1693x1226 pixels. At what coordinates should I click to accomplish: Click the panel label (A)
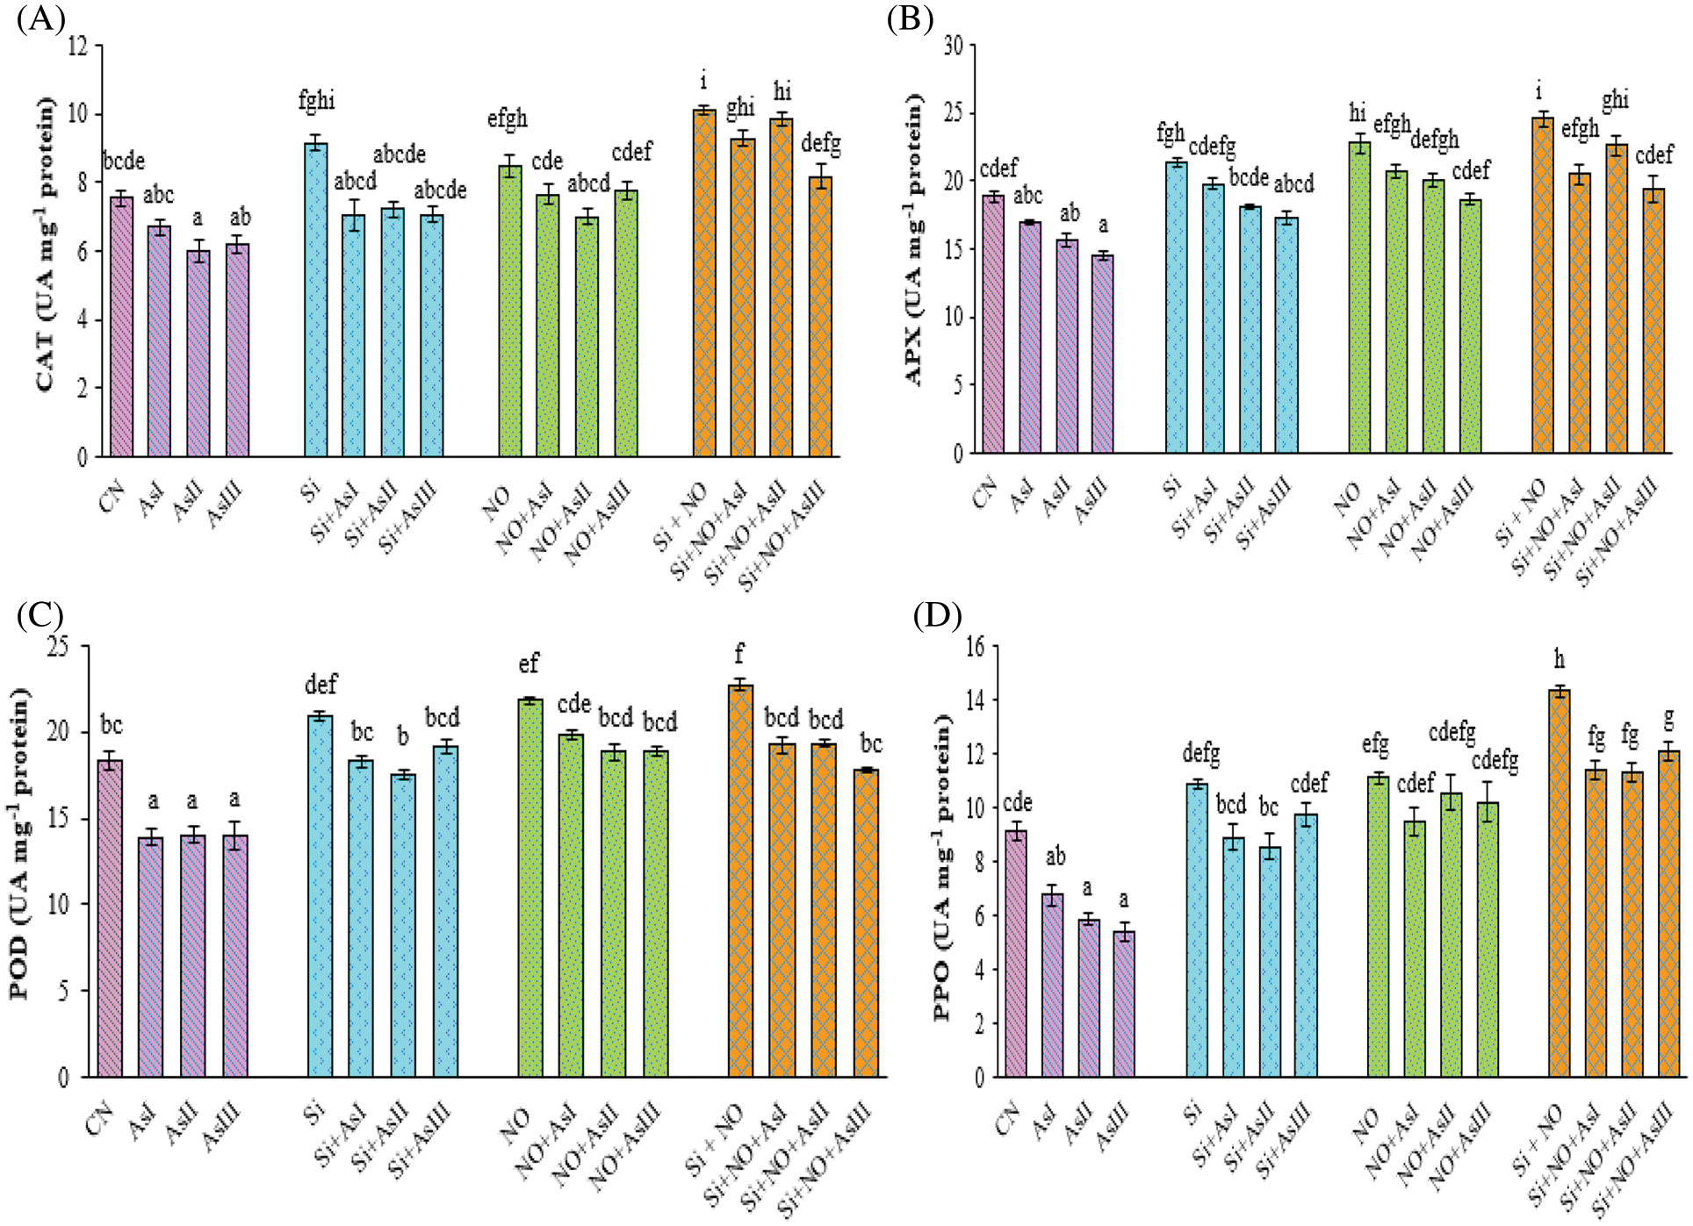click(40, 19)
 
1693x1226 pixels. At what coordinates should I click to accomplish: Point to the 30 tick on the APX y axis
click(954, 46)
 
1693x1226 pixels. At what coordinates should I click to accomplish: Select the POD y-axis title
click(19, 842)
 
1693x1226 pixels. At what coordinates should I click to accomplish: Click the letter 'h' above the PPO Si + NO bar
click(1559, 659)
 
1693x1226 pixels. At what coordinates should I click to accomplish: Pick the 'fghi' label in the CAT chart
click(316, 101)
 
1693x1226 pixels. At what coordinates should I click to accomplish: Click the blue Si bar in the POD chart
click(321, 896)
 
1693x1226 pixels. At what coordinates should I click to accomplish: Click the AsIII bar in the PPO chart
click(1124, 1004)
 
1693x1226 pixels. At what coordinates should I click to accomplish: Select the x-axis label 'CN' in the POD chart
click(101, 1120)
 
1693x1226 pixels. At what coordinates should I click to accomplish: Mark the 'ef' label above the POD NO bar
click(529, 664)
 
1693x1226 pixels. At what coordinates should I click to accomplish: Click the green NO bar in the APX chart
click(1359, 298)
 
